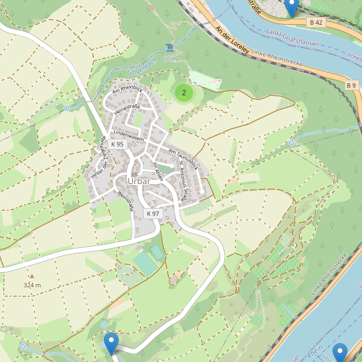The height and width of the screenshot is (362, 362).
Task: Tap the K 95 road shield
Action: pos(117,144)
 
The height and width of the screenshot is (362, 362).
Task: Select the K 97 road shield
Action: pos(153,214)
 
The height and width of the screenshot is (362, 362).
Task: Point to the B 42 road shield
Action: pos(316,22)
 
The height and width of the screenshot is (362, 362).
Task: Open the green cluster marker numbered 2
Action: pos(184,93)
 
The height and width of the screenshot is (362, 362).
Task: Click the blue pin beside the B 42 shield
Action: pos(292,8)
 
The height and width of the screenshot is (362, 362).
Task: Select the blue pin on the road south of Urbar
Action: pos(111,342)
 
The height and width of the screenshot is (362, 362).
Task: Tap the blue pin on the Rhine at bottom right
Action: pos(340,352)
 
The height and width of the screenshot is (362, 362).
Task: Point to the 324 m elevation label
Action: pos(33,284)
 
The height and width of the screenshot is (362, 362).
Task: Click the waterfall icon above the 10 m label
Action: pos(170,47)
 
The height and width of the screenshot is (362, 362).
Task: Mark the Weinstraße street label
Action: pos(125,201)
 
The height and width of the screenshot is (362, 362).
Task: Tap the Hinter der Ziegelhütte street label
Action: pos(97,157)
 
